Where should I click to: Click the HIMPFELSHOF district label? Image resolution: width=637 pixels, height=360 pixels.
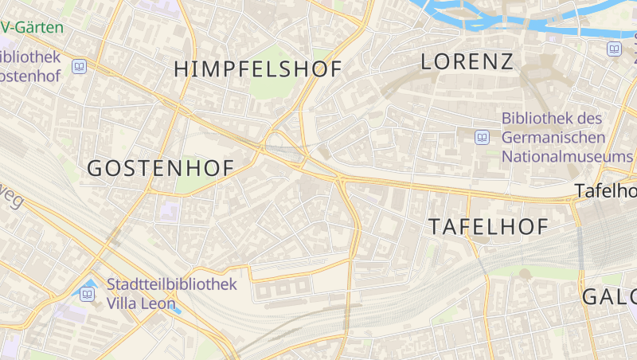[x=257, y=69]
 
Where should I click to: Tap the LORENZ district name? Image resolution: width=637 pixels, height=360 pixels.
[x=467, y=61]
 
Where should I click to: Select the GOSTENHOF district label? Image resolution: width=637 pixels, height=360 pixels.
[x=159, y=168]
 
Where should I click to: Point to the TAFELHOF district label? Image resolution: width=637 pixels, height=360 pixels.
[x=488, y=226]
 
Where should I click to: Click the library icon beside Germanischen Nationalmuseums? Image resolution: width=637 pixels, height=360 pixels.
[x=482, y=137]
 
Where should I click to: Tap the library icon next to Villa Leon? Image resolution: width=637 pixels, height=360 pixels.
[x=87, y=294]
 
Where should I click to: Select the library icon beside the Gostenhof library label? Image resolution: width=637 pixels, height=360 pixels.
[x=79, y=66]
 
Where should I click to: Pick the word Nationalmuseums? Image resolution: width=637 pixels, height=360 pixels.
[x=566, y=156]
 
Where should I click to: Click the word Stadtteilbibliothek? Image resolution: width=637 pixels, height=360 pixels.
[x=171, y=284]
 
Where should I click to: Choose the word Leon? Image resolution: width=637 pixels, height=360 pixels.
[x=159, y=303]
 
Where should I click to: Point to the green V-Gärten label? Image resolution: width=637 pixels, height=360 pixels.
[x=32, y=27]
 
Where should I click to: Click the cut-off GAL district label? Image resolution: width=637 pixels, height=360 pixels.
[x=609, y=297]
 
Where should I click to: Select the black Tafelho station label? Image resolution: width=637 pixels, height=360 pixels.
[x=606, y=191]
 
